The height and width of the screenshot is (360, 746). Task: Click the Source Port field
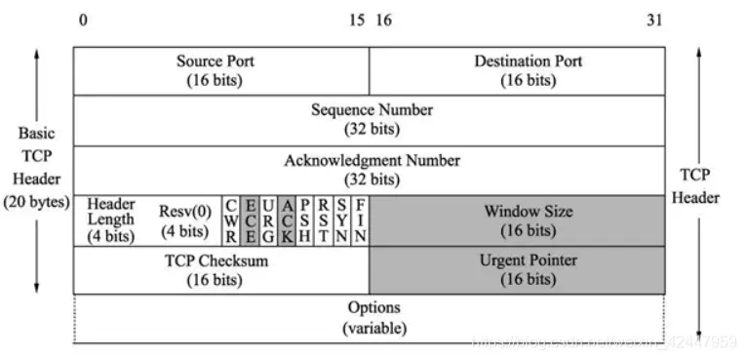(x=220, y=71)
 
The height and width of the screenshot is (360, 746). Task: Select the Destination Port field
(x=517, y=71)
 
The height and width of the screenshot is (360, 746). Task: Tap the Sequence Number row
(x=371, y=120)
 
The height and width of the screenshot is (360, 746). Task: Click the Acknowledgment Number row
(x=371, y=170)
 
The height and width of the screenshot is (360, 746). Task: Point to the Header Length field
(x=110, y=220)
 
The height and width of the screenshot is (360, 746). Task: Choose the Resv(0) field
(x=183, y=220)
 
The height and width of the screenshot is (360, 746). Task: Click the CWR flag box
(x=231, y=220)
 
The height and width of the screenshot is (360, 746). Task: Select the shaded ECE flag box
(x=250, y=220)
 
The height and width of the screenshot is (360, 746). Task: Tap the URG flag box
(x=268, y=220)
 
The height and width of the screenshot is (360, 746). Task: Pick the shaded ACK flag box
(x=287, y=220)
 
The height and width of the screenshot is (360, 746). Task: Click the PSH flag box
(x=305, y=220)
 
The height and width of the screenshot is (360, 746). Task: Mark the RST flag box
(x=324, y=220)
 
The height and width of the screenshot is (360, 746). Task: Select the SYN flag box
(x=342, y=220)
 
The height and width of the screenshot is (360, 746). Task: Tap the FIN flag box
(x=361, y=220)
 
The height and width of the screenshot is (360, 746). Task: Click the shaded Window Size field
(x=517, y=220)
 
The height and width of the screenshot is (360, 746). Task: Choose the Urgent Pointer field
(x=517, y=270)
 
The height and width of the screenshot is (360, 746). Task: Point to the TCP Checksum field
(x=220, y=270)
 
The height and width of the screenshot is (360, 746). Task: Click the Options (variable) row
(x=371, y=318)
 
